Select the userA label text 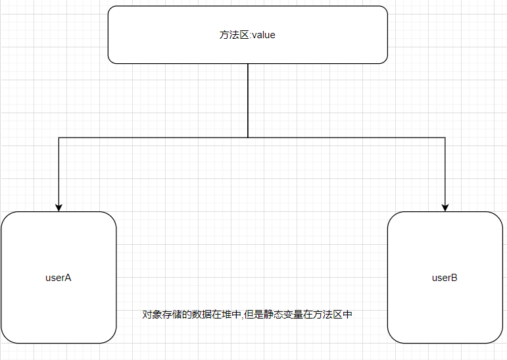click(x=58, y=277)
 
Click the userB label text click(x=445, y=277)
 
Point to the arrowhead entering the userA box click(x=59, y=207)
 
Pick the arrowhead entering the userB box click(x=445, y=207)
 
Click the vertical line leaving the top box click(x=248, y=99)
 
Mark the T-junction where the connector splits click(x=248, y=138)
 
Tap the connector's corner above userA click(x=59, y=138)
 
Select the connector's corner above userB click(x=445, y=138)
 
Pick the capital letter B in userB click(x=454, y=277)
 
